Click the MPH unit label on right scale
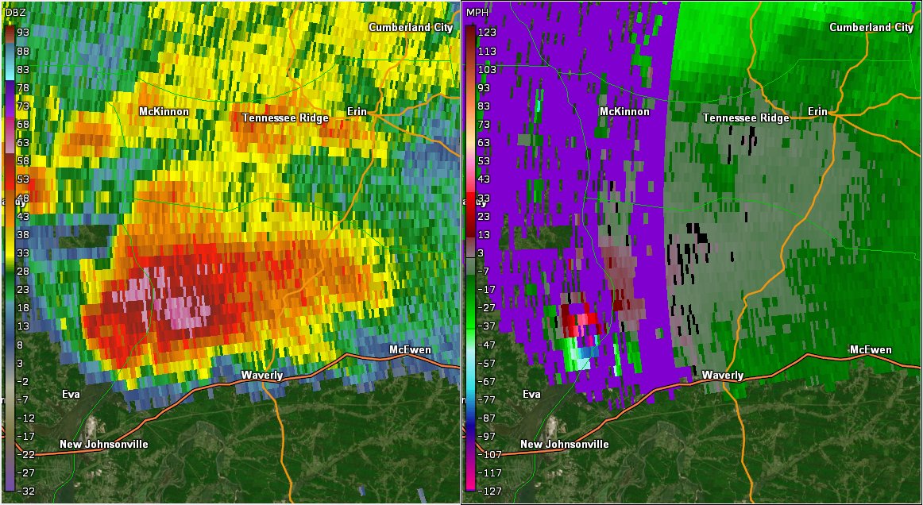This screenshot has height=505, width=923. click(477, 13)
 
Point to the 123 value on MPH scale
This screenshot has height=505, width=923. click(487, 32)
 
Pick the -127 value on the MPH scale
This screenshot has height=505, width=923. click(487, 492)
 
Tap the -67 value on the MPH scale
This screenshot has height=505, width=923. click(487, 381)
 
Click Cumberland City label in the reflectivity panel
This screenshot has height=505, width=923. click(411, 27)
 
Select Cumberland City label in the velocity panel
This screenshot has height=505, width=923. click(871, 27)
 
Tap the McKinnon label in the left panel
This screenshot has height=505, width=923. click(164, 112)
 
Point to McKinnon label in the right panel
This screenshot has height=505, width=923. click(625, 112)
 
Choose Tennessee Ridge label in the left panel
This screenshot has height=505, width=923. click(285, 118)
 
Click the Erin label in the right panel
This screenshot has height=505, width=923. click(817, 112)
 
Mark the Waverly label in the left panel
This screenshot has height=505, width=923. click(262, 375)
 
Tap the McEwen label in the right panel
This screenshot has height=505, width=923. click(871, 350)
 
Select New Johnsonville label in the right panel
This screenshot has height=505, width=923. click(564, 445)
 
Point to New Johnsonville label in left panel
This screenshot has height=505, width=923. click(103, 445)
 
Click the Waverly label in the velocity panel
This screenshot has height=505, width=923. click(723, 375)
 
